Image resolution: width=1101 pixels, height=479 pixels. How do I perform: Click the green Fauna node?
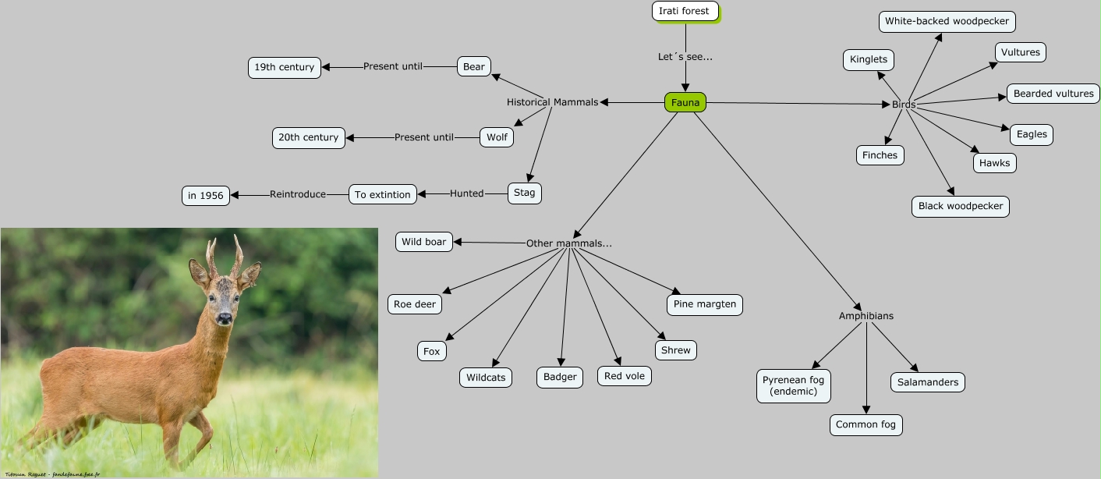pos(685,102)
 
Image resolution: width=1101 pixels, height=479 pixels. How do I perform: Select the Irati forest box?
pos(685,11)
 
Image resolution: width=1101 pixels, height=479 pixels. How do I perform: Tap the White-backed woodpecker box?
pos(947,21)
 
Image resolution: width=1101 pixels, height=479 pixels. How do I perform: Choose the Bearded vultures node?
pos(1053,94)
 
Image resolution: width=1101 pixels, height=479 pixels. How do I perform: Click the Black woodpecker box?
pos(961,206)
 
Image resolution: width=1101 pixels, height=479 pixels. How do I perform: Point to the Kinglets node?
pos(869,59)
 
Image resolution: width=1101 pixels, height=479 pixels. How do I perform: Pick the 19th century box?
pos(284,67)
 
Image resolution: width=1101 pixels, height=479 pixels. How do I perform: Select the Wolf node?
pos(497,137)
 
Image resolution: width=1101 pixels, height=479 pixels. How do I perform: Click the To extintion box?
pos(382,194)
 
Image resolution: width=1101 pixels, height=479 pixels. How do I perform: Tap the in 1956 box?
pos(206,195)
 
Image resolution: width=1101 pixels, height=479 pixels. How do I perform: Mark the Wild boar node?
pos(424,242)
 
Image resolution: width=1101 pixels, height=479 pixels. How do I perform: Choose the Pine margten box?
pos(705,304)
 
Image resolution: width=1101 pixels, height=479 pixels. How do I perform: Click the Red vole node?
pos(625,375)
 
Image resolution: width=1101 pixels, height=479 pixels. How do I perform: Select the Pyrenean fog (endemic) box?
pos(793,385)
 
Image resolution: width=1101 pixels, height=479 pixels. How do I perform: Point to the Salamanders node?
pos(928,382)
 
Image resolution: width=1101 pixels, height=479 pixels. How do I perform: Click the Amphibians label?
pos(866,316)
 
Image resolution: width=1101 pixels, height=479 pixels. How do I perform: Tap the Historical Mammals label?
pos(552,102)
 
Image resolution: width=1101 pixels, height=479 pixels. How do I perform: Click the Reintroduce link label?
pos(298,194)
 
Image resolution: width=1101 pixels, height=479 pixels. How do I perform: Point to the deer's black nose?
pos(225,318)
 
